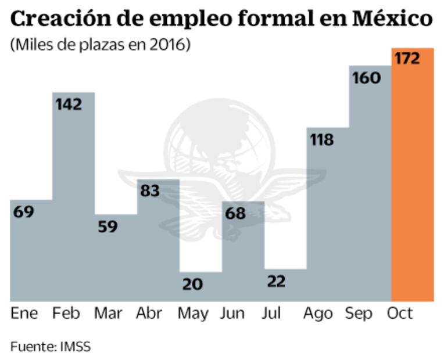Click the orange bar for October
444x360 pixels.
(x=413, y=186)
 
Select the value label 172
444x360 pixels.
(x=407, y=59)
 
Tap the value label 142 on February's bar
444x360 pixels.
(x=69, y=105)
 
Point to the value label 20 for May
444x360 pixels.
(x=192, y=284)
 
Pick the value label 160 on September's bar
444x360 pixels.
(x=366, y=77)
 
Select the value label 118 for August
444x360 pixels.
(x=321, y=140)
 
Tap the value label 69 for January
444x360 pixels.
(x=24, y=212)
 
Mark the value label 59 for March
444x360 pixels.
(x=108, y=226)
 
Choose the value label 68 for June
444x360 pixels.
(x=235, y=213)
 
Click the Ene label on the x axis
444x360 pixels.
(x=24, y=314)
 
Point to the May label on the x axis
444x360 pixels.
(x=192, y=314)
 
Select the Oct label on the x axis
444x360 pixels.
(x=400, y=314)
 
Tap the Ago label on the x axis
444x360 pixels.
(x=318, y=314)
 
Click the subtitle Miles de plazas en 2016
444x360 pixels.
(x=100, y=45)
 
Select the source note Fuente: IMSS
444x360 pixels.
(x=50, y=347)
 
